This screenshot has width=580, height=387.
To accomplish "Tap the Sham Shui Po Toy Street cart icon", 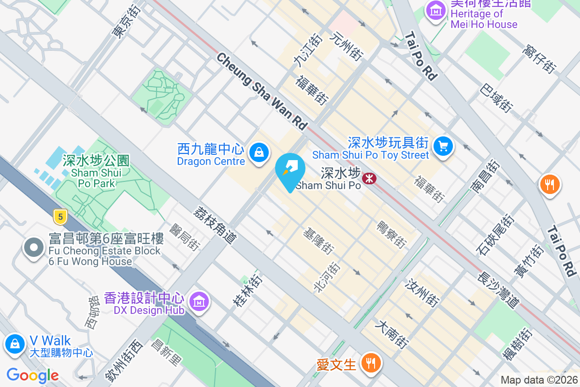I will coord(443,146).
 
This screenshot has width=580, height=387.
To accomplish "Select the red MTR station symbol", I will coord(370,179).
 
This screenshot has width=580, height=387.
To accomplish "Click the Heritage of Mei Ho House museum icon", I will coord(436,10).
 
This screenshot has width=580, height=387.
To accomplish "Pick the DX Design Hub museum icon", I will coord(199,301).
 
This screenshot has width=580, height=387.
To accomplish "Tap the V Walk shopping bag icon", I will coord(15,344).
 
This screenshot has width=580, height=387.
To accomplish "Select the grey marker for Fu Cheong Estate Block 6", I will coord(34,248).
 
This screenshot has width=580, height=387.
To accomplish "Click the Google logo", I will coord(32,375).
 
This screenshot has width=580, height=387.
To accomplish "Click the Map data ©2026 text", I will coord(539,380).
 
